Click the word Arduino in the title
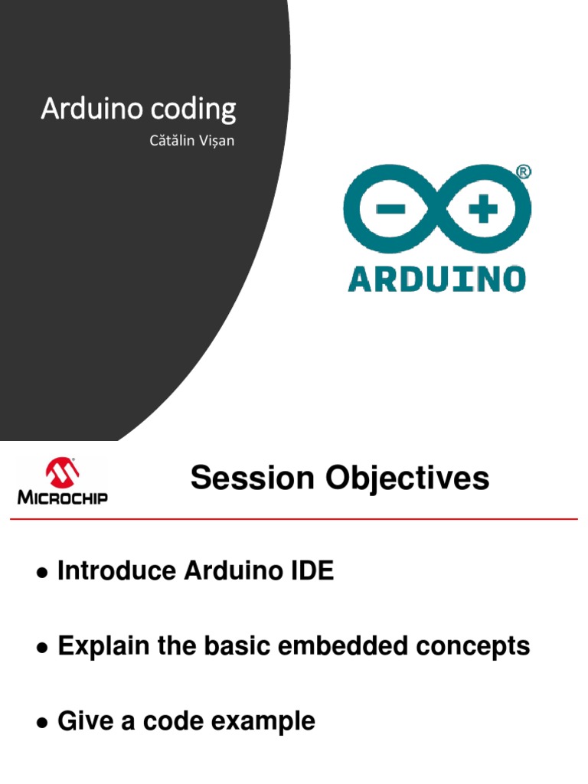pos(93,108)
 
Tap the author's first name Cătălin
pos(171,140)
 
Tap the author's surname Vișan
pos(217,141)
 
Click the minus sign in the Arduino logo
pos(390,208)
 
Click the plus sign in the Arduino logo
pos(483,208)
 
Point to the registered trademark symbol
pos(523,172)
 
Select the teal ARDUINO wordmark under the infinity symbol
pos(436,279)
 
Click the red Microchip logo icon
pos(62,472)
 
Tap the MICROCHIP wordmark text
pos(63,498)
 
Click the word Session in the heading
pos(252,478)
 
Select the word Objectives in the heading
pos(407,479)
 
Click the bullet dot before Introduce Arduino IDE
pos(42,573)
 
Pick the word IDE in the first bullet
pos(312,570)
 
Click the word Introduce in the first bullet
pos(116,570)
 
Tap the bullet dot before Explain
pos(42,648)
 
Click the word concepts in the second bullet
pos(473,647)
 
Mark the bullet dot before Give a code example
pos(42,723)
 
